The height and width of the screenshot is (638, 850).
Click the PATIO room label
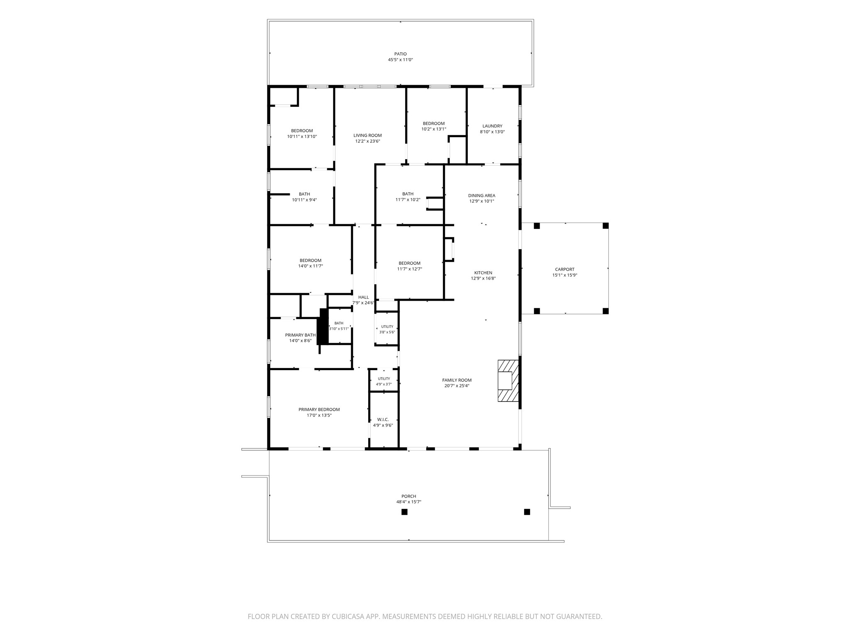[x=401, y=54]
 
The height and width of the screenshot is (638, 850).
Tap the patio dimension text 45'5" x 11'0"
[x=401, y=60]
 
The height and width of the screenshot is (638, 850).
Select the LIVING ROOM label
[x=368, y=135]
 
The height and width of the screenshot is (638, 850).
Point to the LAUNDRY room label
[x=492, y=126]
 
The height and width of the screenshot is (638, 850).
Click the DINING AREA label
[x=481, y=196]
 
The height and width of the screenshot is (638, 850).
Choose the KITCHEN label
[x=483, y=273]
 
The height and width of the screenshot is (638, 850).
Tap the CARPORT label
[x=565, y=270]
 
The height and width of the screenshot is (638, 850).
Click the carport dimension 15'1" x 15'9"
[x=565, y=275]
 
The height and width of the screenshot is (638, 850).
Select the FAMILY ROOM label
[x=457, y=380]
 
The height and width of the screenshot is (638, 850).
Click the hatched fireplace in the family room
[x=508, y=381]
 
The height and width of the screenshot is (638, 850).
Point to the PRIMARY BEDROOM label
[x=319, y=410]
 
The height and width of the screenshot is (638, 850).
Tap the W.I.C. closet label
[x=383, y=420]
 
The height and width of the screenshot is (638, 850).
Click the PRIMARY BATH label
[x=300, y=335]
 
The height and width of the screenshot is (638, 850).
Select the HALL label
[x=364, y=297]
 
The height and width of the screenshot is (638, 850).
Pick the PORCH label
[x=409, y=496]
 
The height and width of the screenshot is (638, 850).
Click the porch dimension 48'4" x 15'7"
[x=409, y=502]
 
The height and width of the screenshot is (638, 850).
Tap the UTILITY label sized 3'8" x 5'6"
[x=387, y=327]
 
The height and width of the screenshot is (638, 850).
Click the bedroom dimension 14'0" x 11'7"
[x=310, y=266]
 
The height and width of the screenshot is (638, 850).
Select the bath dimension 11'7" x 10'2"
[x=408, y=200]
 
